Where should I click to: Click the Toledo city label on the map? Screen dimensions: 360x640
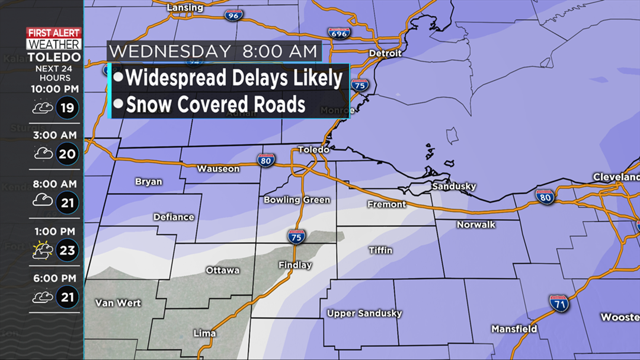[x=313, y=150]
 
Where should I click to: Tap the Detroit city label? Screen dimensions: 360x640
[x=385, y=53]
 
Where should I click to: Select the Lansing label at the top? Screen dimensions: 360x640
[x=185, y=7]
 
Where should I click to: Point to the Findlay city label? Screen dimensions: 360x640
[x=295, y=265]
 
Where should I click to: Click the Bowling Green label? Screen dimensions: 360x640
[x=297, y=200]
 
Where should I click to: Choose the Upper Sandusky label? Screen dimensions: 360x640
[x=364, y=313]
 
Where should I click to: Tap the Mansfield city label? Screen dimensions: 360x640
[x=514, y=329]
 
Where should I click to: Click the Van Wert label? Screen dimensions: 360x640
[x=118, y=303]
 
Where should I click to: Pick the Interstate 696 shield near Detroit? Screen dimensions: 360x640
[x=339, y=33]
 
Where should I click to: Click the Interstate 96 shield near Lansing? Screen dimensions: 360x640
[x=233, y=15]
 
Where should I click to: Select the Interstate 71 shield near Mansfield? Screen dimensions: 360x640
[x=559, y=304]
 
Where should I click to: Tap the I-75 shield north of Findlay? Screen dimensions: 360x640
[x=296, y=237]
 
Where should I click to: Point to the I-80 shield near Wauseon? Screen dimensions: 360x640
[x=266, y=161]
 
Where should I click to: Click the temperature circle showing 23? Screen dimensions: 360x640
[x=67, y=250]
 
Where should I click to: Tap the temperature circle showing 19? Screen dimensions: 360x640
[x=67, y=108]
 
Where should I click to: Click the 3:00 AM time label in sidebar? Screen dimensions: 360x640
[x=55, y=135]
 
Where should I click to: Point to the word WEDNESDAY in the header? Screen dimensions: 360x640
[x=170, y=52]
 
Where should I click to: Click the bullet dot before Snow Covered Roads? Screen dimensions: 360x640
[x=118, y=104]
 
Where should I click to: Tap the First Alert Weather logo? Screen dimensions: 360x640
[x=54, y=39]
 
